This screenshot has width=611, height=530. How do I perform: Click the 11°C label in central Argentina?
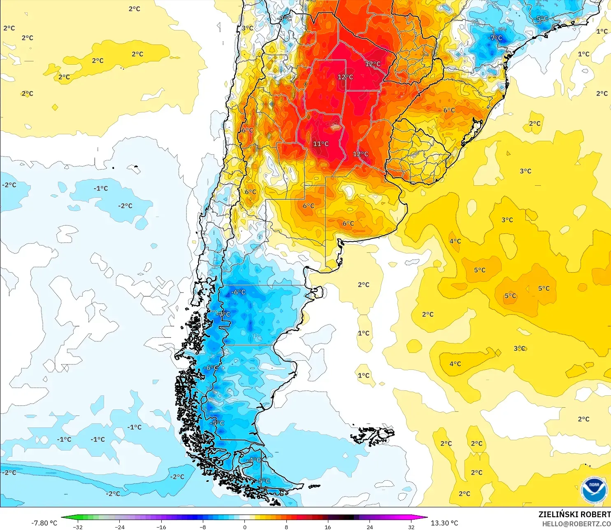[x=321, y=144]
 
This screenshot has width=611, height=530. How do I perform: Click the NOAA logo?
[x=594, y=490]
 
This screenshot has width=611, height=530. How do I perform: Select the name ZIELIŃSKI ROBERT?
[x=574, y=514]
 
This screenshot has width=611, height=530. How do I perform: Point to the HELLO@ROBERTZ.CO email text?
[x=576, y=524]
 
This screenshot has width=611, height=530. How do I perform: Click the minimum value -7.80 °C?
[x=44, y=523]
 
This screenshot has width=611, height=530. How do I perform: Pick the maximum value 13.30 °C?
[x=444, y=523]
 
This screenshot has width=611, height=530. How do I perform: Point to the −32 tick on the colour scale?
[x=77, y=527]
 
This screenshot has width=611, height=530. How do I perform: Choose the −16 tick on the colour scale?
[x=161, y=527]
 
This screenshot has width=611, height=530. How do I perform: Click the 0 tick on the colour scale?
[x=245, y=527]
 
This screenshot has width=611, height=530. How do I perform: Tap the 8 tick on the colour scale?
[x=286, y=527]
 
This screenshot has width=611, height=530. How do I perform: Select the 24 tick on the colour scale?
[x=370, y=527]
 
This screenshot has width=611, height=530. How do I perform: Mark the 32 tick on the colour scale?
[x=411, y=527]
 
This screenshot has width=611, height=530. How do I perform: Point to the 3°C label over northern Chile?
[x=247, y=28]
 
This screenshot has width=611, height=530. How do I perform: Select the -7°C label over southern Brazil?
[x=495, y=38]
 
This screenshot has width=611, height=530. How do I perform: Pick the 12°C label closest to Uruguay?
[x=360, y=154]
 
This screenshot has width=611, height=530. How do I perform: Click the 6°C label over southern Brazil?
[x=449, y=110]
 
